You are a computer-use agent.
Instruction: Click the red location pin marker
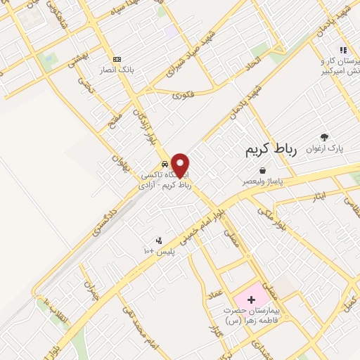pos(180,165)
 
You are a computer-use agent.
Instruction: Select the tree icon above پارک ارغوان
pos(324,138)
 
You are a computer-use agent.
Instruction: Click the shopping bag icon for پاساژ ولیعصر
pos(262,170)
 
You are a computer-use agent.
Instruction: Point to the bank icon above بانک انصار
pos(117,59)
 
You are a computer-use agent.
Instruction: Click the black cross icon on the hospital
pos(251,300)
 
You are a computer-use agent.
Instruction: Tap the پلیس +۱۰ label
pos(160,251)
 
